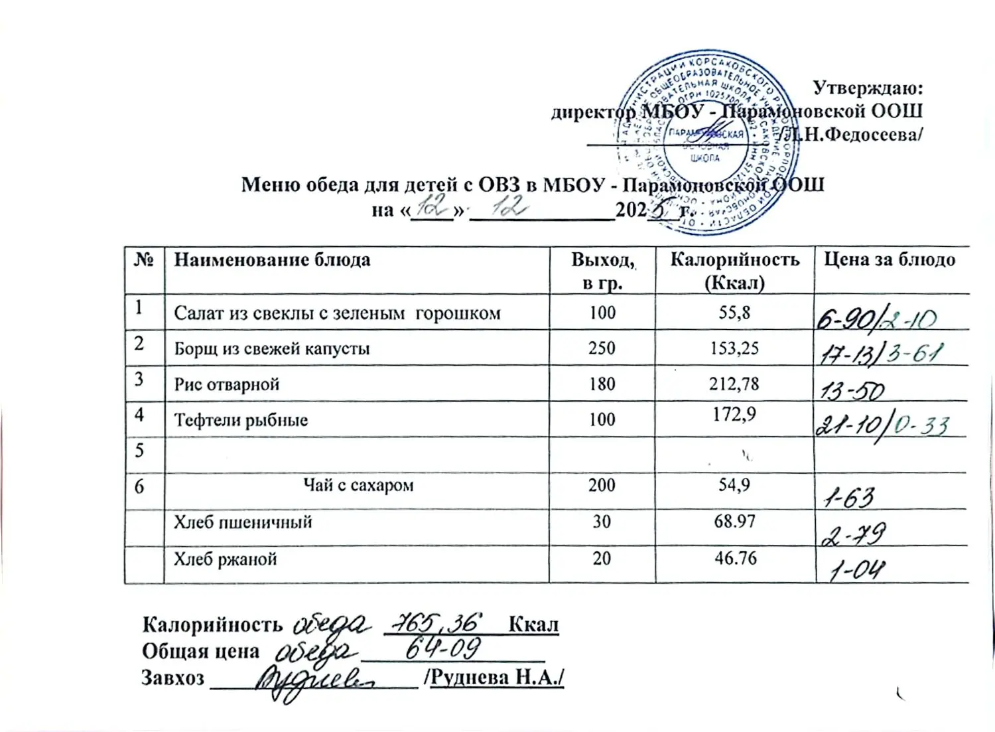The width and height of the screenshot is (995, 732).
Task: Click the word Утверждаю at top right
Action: (x=868, y=88)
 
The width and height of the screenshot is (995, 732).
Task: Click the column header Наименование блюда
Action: (x=272, y=259)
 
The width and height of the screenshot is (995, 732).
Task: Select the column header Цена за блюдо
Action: (x=890, y=259)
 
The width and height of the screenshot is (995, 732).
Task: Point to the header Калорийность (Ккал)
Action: (x=734, y=271)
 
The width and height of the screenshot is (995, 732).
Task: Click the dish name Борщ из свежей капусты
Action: (x=272, y=349)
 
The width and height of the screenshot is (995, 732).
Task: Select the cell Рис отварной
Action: (x=227, y=385)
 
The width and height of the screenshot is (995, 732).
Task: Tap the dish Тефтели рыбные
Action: (x=241, y=420)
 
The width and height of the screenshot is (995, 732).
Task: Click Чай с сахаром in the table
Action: (x=358, y=486)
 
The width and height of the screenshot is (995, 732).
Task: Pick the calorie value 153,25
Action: (x=734, y=348)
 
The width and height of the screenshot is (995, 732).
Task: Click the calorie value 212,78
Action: (x=734, y=384)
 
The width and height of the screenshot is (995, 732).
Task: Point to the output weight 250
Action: (x=602, y=348)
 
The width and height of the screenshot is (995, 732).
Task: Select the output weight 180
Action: (x=602, y=384)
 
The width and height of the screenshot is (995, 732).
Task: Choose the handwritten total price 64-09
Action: (x=442, y=650)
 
